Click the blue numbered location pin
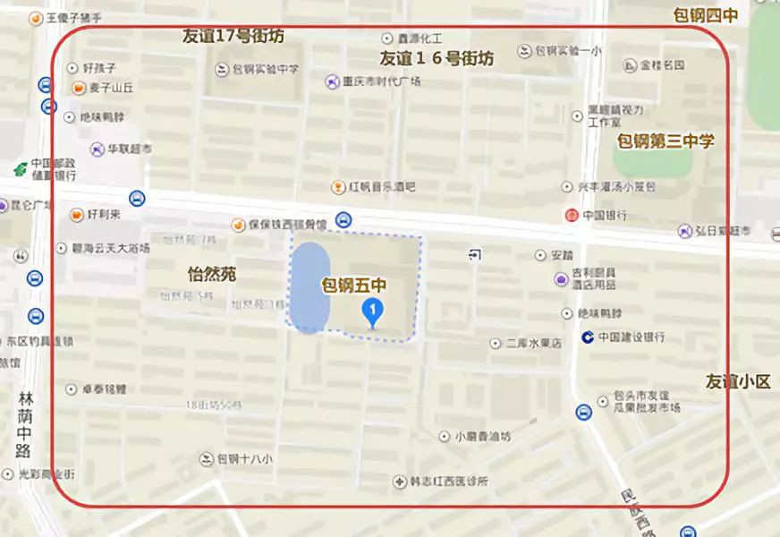tap(372, 311)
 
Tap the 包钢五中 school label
tap(353, 286)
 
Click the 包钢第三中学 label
tap(666, 141)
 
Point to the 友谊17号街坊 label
tap(233, 37)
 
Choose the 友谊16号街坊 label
tap(437, 59)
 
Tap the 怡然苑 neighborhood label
tap(212, 274)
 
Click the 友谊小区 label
tap(737, 381)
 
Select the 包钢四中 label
tap(706, 14)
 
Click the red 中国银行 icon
tap(571, 215)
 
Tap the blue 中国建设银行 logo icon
tap(587, 337)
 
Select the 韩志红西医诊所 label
tap(451, 482)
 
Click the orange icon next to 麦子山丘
tap(78, 88)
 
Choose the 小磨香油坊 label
tap(481, 437)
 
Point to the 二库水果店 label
tap(533, 343)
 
